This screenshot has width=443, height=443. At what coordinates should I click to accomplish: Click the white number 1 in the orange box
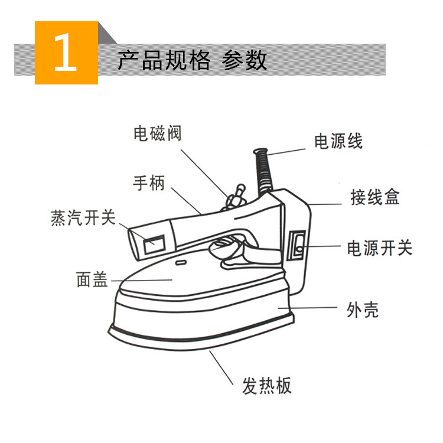click(x=66, y=53)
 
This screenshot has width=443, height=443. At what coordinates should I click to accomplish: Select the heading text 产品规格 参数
click(x=192, y=60)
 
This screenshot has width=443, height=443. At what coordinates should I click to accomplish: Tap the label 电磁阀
click(x=157, y=134)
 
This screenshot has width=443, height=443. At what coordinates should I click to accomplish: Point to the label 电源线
click(x=338, y=142)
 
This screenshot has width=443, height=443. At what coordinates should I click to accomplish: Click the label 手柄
click(x=149, y=183)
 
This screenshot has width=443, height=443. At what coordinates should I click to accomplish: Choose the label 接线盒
click(x=374, y=197)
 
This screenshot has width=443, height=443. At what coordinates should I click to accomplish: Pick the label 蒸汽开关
click(x=82, y=218)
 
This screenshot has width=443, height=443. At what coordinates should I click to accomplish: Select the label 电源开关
click(x=379, y=248)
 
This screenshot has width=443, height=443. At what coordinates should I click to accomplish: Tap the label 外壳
click(x=362, y=310)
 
